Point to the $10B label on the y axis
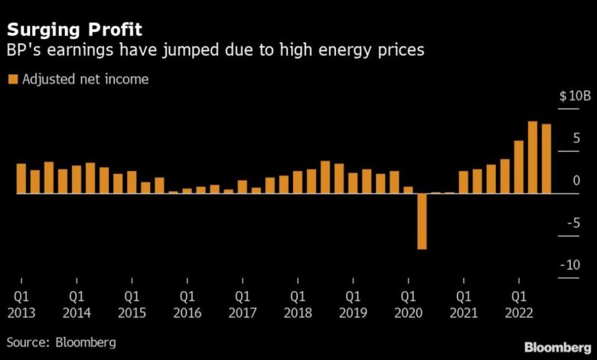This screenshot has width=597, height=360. [574, 97]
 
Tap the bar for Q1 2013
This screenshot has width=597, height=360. [21, 178]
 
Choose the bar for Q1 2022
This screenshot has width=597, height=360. [519, 166]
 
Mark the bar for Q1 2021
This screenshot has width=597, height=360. [463, 182]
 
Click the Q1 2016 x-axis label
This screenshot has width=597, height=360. [187, 303]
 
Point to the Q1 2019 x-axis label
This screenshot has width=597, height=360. [353, 303]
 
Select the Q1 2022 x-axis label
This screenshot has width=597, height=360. [519, 303]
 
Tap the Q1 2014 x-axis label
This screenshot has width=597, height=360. [77, 303]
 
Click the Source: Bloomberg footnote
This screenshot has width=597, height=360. [63, 342]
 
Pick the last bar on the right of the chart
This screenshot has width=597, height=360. [546, 159]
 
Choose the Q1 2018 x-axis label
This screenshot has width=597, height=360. [298, 303]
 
